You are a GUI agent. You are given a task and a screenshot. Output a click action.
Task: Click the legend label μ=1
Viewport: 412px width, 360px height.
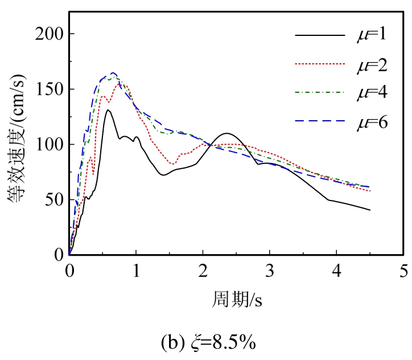(x=368, y=35)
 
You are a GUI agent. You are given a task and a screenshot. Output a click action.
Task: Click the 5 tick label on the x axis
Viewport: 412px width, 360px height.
(x=403, y=269)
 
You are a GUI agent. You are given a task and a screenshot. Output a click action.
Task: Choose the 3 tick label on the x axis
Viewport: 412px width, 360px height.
(x=270, y=269)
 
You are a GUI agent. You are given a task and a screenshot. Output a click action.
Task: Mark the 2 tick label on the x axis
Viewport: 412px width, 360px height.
(x=203, y=269)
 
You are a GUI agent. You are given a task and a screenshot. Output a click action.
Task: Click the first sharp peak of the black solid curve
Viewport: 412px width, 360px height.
(x=107, y=110)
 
